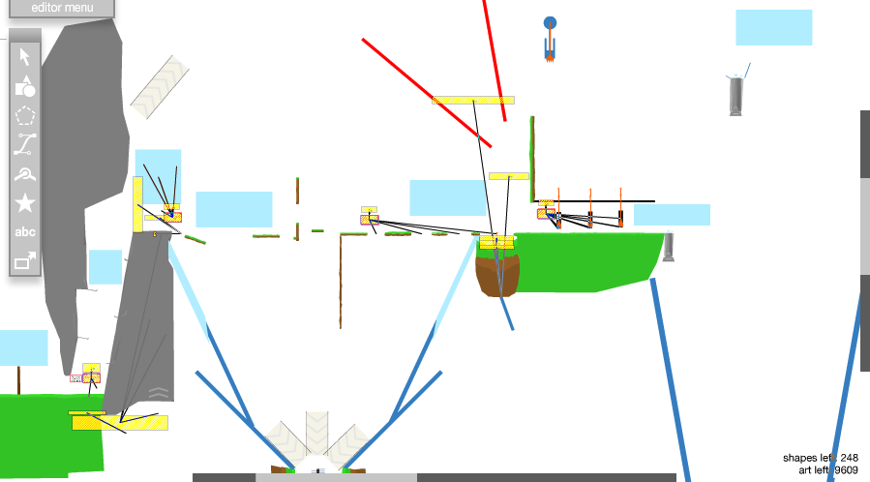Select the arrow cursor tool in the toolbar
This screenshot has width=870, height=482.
(25, 56)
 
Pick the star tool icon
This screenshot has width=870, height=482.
(25, 202)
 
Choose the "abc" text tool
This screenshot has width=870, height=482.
(25, 232)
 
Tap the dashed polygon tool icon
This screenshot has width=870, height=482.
(25, 115)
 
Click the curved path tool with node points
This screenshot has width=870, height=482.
(25, 144)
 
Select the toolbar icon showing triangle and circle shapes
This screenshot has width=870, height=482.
(25, 86)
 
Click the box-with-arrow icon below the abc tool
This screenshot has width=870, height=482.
(25, 260)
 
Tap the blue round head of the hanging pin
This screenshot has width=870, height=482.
(550, 22)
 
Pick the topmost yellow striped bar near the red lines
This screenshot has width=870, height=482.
(472, 101)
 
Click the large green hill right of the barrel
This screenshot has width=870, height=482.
(590, 259)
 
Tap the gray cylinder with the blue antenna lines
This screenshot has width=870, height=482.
(736, 96)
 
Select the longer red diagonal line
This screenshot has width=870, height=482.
(426, 93)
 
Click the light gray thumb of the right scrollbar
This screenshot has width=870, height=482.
(864, 226)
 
